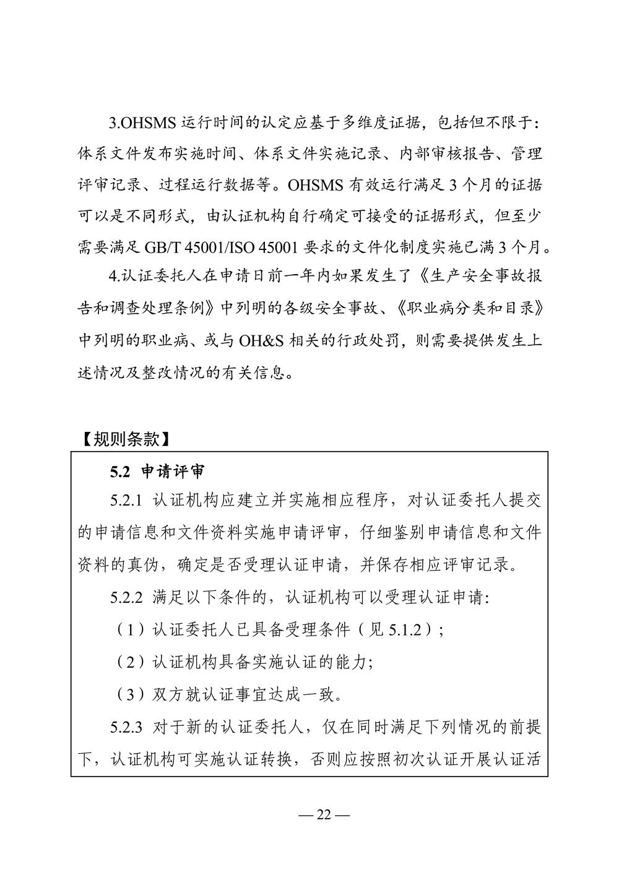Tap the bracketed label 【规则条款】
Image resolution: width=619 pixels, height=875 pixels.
125,440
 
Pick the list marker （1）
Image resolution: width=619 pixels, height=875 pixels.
127,630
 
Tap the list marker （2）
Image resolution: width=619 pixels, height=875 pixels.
127,662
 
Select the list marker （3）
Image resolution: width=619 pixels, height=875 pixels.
127,694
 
